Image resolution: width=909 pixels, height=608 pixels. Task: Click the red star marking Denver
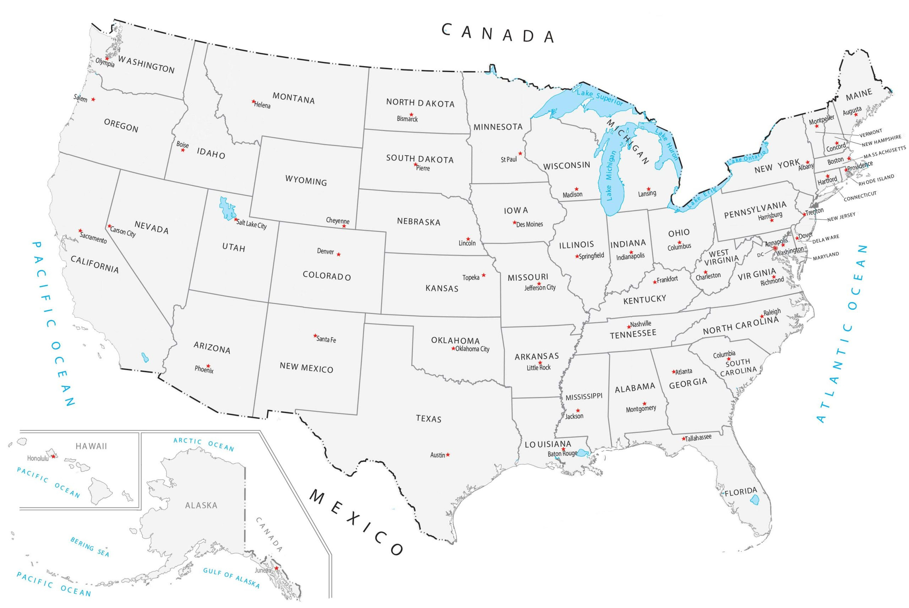pos(338,254)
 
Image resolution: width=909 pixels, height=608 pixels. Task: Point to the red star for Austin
pos(448,455)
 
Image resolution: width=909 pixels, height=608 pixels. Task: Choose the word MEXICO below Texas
pos(356,522)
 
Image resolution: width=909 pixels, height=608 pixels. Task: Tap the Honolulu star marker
pos(54,456)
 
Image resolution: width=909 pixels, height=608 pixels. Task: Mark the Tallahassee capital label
pos(698,438)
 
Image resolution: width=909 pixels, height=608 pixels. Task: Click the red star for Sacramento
pos(80,231)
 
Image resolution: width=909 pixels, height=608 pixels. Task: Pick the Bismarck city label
pos(407,119)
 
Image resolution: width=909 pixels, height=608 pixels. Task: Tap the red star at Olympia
pos(107,59)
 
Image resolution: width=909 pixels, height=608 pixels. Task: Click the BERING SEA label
pos(90,547)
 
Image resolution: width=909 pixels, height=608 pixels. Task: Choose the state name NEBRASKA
pos(419,222)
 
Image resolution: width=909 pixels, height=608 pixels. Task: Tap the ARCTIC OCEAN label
pos(203,445)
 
